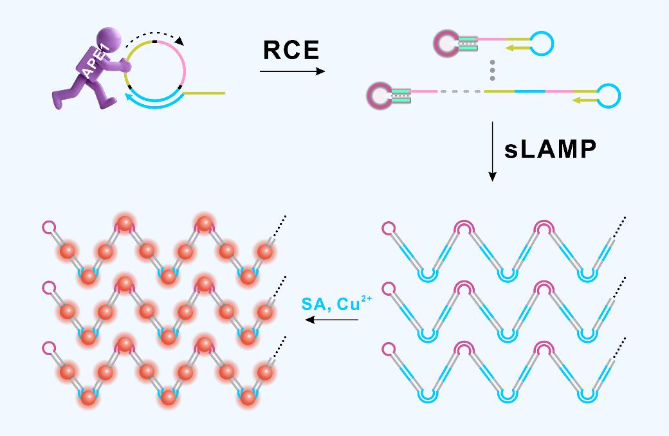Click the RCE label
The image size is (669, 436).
[291, 50]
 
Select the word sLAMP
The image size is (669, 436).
[551, 150]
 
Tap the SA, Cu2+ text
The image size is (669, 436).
[336, 303]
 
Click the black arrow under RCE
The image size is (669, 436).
[292, 71]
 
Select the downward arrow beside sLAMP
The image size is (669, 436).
[492, 152]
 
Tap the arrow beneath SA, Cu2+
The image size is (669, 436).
[332, 320]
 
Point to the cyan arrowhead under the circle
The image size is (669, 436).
[129, 98]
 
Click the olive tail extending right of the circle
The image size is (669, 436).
[205, 93]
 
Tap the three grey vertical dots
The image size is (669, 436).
[492, 71]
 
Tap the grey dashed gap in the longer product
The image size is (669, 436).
[460, 91]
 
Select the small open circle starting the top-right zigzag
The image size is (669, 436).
[389, 228]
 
